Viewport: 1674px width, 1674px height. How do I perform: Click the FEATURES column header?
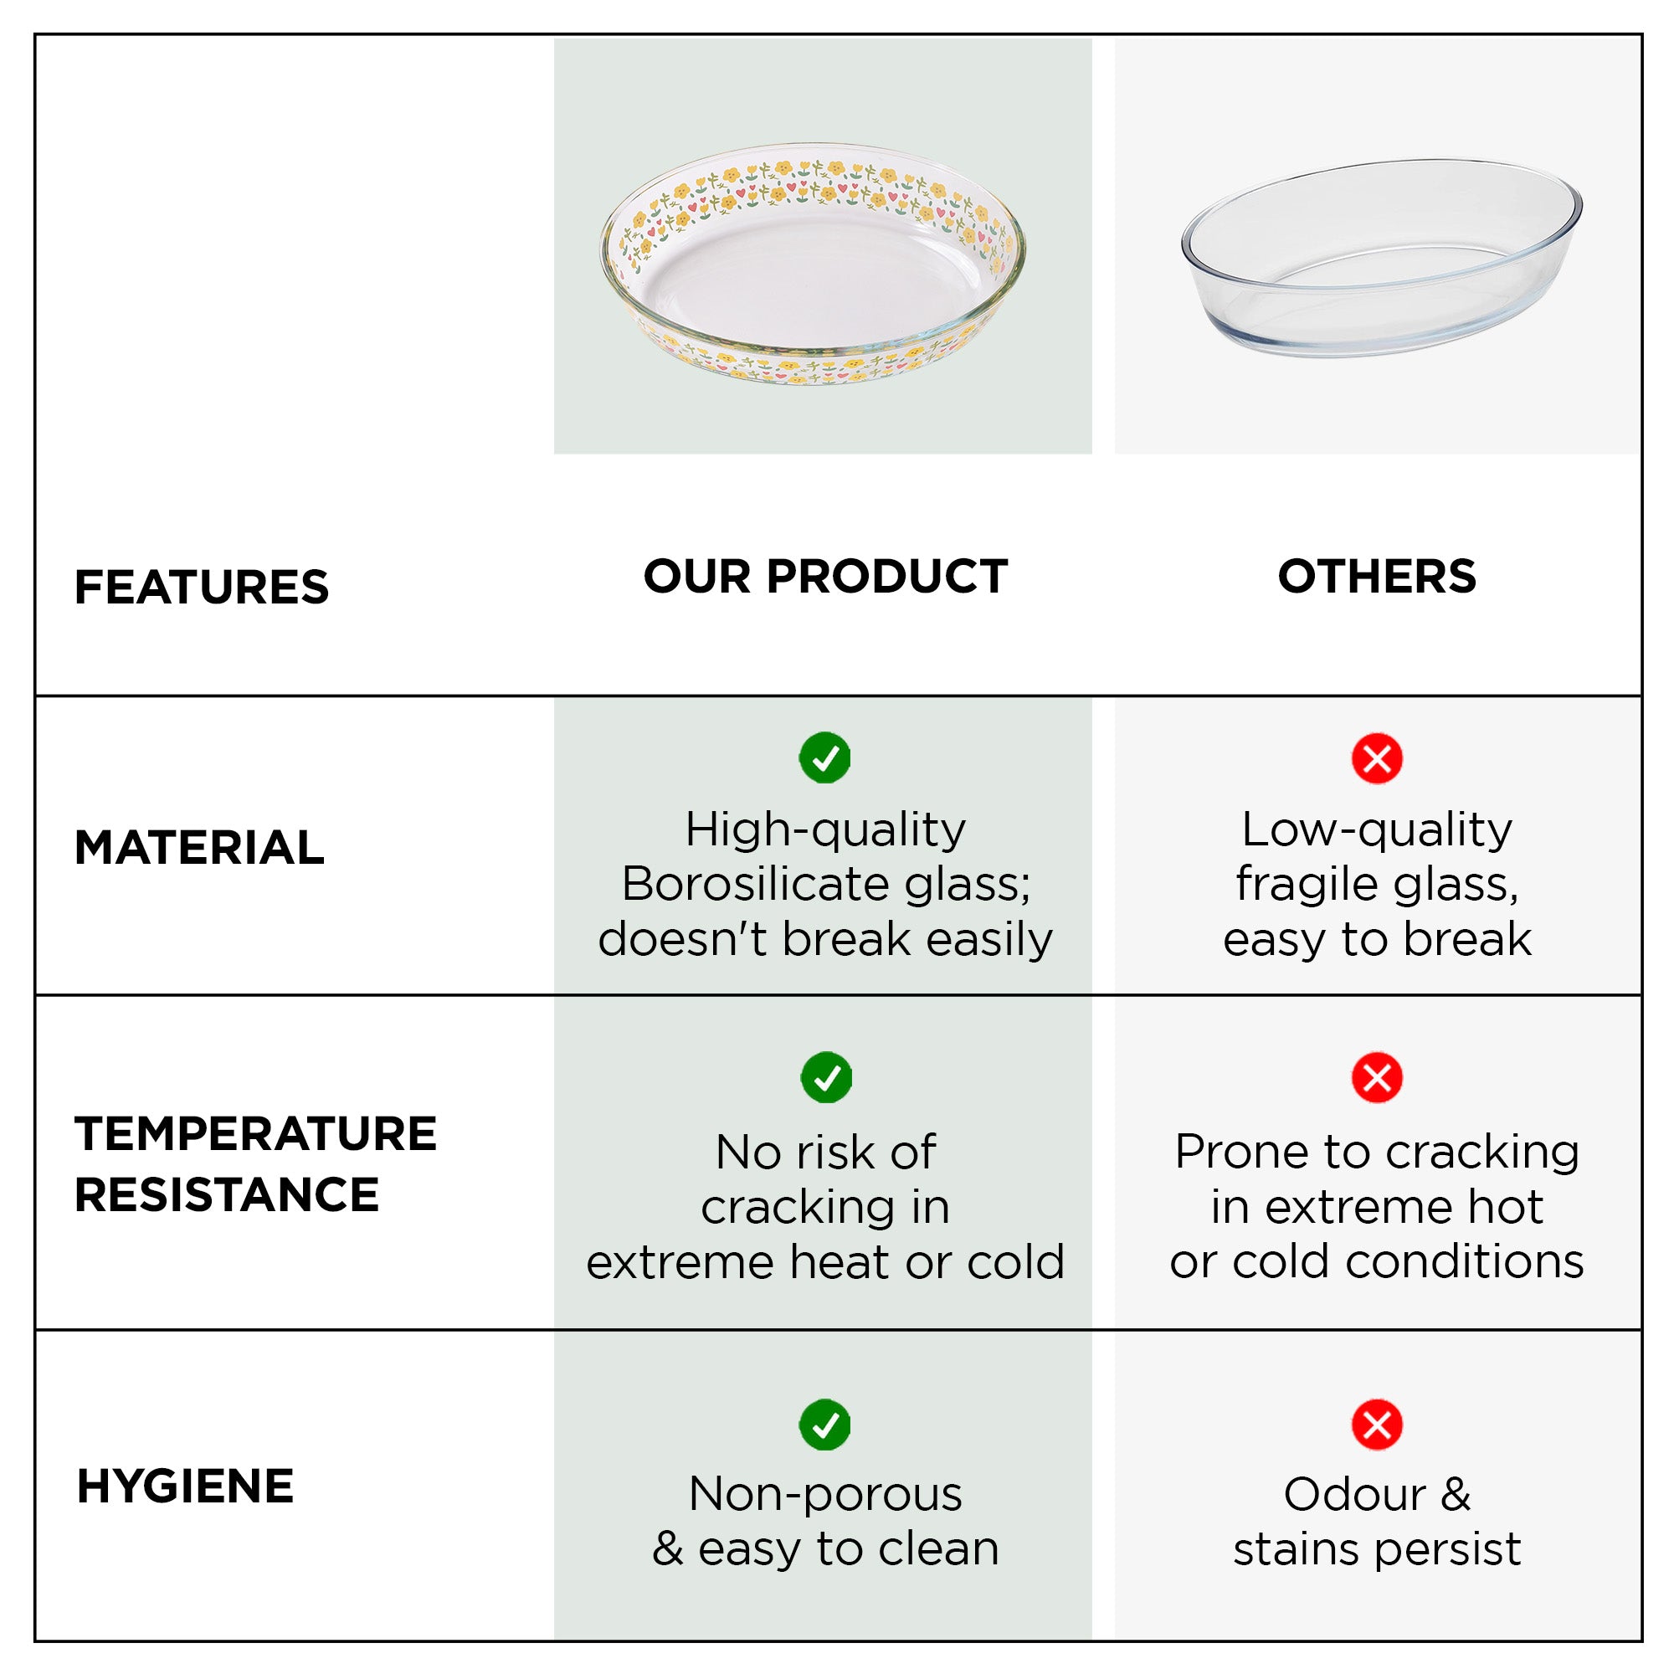click(202, 587)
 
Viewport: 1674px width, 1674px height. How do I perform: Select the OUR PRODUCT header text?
click(825, 576)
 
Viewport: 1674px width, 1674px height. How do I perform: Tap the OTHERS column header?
click(1377, 576)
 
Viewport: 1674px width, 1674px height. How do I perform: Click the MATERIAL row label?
click(199, 847)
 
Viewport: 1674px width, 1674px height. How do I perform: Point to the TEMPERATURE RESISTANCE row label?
click(255, 1163)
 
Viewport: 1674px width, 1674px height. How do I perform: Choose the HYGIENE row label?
click(186, 1486)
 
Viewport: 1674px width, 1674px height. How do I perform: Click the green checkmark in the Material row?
click(825, 758)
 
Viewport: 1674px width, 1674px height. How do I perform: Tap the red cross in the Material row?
click(1377, 759)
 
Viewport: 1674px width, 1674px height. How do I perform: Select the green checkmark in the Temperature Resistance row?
click(826, 1077)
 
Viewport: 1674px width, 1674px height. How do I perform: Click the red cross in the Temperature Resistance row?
click(1377, 1078)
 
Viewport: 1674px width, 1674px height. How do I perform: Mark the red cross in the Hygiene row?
click(1377, 1425)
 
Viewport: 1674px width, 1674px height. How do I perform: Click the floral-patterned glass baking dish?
click(813, 264)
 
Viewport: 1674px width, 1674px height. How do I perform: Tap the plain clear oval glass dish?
click(1382, 257)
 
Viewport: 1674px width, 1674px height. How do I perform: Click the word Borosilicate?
click(756, 885)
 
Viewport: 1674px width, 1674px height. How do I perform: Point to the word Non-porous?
click(825, 1496)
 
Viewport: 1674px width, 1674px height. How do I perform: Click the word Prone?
click(1241, 1153)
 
